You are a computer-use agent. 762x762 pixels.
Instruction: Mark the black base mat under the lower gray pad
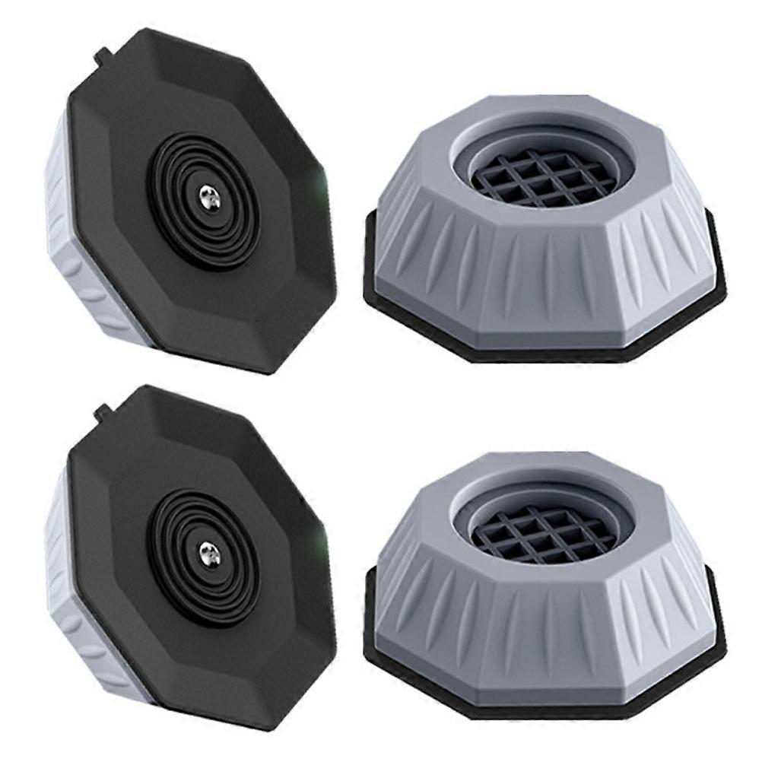coord(426,684)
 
